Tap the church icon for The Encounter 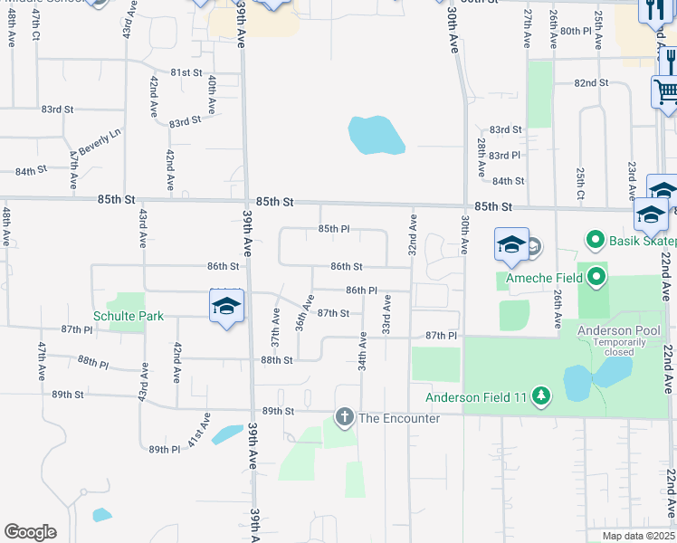(x=344, y=417)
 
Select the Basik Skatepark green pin (x=596, y=241)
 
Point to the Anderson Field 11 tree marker (x=541, y=395)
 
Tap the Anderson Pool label (x=614, y=330)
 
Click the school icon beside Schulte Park (x=226, y=306)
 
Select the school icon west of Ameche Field (x=511, y=244)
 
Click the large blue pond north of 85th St (x=376, y=136)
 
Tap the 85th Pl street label (x=334, y=229)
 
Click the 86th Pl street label (x=361, y=290)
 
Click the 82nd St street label (x=590, y=82)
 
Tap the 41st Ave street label (x=199, y=431)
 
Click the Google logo (x=30, y=532)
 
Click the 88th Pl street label (x=92, y=363)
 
